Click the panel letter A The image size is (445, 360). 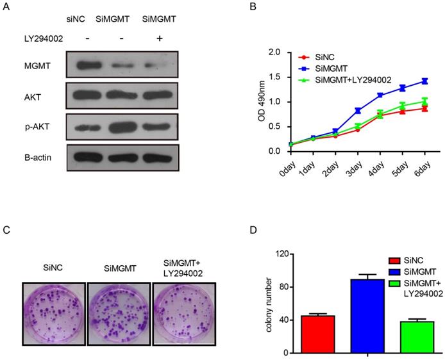click(x=7, y=8)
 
